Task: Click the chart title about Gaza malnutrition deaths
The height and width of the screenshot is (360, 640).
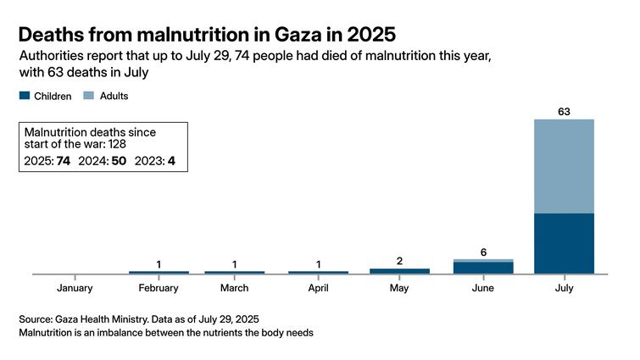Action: point(207,35)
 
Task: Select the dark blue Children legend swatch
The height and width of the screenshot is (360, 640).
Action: point(24,97)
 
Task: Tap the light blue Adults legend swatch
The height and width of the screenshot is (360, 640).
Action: point(88,97)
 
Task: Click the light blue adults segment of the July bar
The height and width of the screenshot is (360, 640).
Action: point(564,166)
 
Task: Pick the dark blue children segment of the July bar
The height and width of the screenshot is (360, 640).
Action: point(564,243)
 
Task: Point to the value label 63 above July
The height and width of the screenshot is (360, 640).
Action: point(564,110)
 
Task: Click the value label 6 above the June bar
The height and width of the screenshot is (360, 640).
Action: point(483,252)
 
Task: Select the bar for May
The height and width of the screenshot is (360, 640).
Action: point(399,271)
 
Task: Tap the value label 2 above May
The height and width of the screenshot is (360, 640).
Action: point(399,261)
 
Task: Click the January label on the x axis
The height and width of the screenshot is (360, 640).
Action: point(75,289)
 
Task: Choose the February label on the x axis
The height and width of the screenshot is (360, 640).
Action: point(159,289)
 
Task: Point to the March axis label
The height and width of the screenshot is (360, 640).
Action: point(234,289)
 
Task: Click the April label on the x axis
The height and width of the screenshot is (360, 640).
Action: point(318,289)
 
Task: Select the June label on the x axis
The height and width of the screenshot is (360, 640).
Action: point(483,289)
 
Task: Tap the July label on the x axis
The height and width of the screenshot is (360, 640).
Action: point(564,289)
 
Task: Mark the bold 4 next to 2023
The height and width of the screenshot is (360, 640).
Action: point(170,161)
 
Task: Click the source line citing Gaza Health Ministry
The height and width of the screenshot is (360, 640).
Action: point(139,319)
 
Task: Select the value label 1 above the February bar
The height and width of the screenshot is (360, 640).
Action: point(159,264)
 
